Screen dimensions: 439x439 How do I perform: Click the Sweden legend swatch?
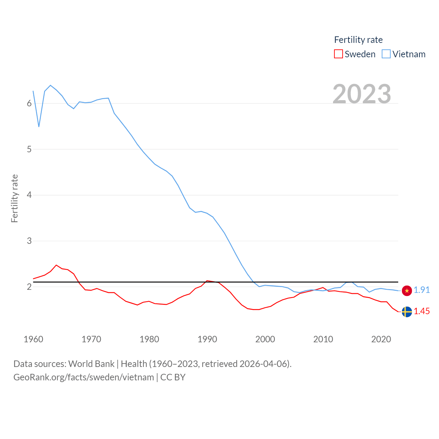[x=339, y=54]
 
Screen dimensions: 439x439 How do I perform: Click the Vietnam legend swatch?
[x=386, y=54]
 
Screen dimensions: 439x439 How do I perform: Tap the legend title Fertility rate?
[x=358, y=40]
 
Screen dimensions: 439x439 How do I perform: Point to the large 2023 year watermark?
[x=362, y=94]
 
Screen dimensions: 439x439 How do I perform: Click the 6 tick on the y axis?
[x=29, y=103]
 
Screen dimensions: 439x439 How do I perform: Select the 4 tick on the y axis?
[x=29, y=195]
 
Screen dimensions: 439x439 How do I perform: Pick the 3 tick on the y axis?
[x=29, y=241]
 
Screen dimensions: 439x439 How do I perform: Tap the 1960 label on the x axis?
[x=33, y=339]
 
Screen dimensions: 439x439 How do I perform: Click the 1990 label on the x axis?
[x=207, y=339]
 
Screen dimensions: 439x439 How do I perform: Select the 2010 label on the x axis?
[x=323, y=339]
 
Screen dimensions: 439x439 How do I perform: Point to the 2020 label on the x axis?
[x=381, y=339]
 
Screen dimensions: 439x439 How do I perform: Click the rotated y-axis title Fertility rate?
[x=14, y=199]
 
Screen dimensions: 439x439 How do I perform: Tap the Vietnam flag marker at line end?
[x=407, y=290]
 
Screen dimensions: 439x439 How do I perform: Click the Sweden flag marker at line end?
[x=407, y=312]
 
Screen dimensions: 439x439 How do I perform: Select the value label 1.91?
[x=422, y=290]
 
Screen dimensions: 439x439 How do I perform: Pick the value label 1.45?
[x=422, y=311]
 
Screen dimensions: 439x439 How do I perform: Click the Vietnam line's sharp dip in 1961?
[x=39, y=127]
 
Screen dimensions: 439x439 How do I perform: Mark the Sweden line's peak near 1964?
[x=56, y=265]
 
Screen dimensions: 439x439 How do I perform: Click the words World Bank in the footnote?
[x=91, y=364]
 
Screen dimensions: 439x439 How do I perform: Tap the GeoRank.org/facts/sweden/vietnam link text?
[x=84, y=377]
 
